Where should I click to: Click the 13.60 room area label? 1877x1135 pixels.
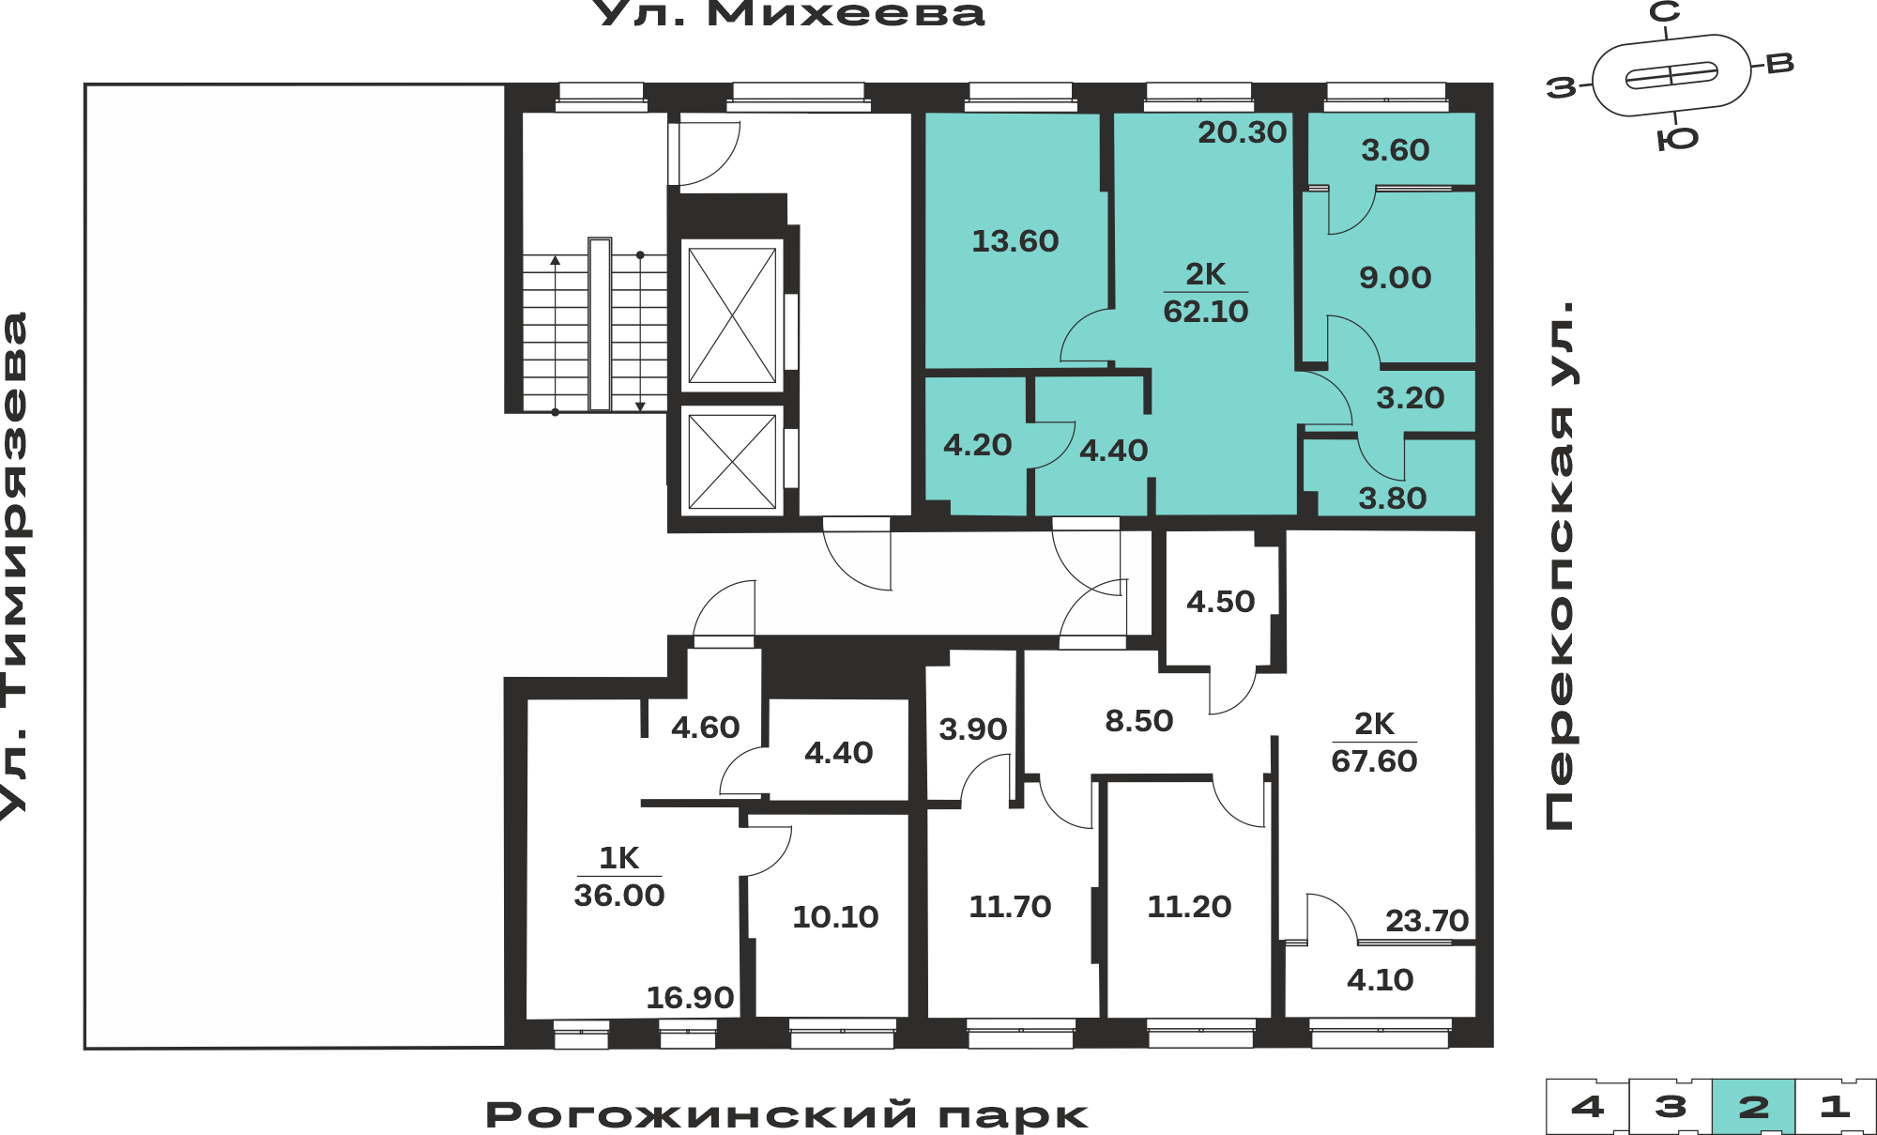pyautogui.click(x=1015, y=241)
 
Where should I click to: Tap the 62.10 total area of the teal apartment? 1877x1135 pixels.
pyautogui.click(x=1206, y=311)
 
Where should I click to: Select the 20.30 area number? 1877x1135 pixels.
pyautogui.click(x=1242, y=132)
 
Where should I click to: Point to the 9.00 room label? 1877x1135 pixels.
pyautogui.click(x=1396, y=278)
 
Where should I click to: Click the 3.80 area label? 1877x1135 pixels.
pyautogui.click(x=1393, y=498)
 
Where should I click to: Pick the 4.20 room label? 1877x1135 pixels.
pyautogui.click(x=978, y=445)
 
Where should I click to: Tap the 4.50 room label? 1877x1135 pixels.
pyautogui.click(x=1221, y=602)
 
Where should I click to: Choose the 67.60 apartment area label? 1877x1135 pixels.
pyautogui.click(x=1374, y=760)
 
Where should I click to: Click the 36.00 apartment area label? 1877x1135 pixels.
pyautogui.click(x=619, y=895)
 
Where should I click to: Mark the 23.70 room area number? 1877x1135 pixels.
pyautogui.click(x=1427, y=921)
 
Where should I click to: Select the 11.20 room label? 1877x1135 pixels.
pyautogui.click(x=1189, y=907)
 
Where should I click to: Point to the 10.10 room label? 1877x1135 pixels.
pyautogui.click(x=835, y=917)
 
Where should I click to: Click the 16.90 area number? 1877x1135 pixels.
pyautogui.click(x=690, y=998)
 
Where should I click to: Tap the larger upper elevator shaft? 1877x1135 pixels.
pyautogui.click(x=732, y=315)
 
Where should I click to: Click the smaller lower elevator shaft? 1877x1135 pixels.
pyautogui.click(x=732, y=461)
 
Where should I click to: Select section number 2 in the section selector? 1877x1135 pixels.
pyautogui.click(x=1753, y=1107)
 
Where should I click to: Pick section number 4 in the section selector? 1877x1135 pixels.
pyautogui.click(x=1587, y=1107)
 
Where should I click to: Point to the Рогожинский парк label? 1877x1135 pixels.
pyautogui.click(x=786, y=1115)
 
